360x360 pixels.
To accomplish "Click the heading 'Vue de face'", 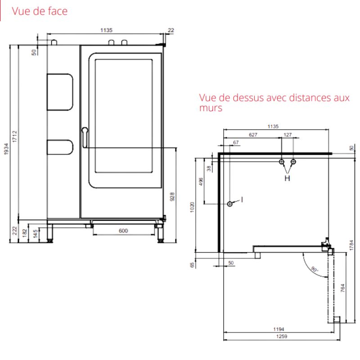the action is [40, 11].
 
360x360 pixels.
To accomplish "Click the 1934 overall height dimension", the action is [6, 149].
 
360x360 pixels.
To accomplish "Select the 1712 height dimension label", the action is [15, 136].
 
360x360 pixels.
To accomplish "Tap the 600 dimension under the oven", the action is [123, 230].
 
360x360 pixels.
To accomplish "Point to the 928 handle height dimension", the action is [172, 197].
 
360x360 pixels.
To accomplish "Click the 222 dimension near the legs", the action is [15, 230].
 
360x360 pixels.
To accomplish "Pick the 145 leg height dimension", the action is [36, 234].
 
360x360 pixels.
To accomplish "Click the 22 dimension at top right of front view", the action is [171, 30].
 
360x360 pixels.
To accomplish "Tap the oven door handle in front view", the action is [85, 137].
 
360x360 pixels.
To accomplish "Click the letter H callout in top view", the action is [287, 178].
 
